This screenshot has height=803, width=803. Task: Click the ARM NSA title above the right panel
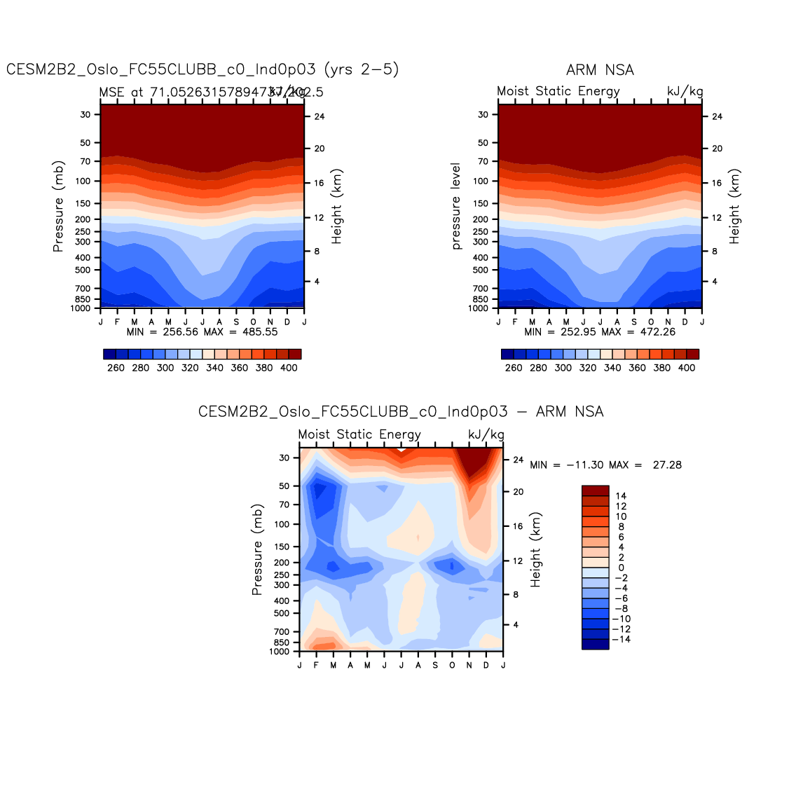[600, 70]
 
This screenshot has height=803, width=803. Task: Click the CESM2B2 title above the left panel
[203, 69]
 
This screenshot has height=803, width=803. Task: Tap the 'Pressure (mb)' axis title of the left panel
[58, 206]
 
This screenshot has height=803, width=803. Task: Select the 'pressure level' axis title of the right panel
[456, 206]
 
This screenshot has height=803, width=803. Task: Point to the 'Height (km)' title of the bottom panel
[536, 549]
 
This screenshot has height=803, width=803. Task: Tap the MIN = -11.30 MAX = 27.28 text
[605, 465]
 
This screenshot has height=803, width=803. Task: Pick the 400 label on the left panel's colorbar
[289, 368]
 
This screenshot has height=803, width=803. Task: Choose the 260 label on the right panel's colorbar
[514, 368]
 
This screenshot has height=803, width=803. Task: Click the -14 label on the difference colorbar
[621, 639]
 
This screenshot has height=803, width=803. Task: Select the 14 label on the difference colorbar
[621, 496]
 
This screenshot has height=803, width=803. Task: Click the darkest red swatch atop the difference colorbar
[595, 490]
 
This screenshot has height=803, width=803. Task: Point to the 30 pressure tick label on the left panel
[85, 114]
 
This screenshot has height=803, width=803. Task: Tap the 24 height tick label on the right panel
[717, 116]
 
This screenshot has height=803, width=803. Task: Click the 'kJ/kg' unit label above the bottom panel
[486, 434]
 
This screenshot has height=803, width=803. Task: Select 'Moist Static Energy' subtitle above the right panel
[558, 91]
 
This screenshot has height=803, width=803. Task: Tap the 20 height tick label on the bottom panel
[518, 492]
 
